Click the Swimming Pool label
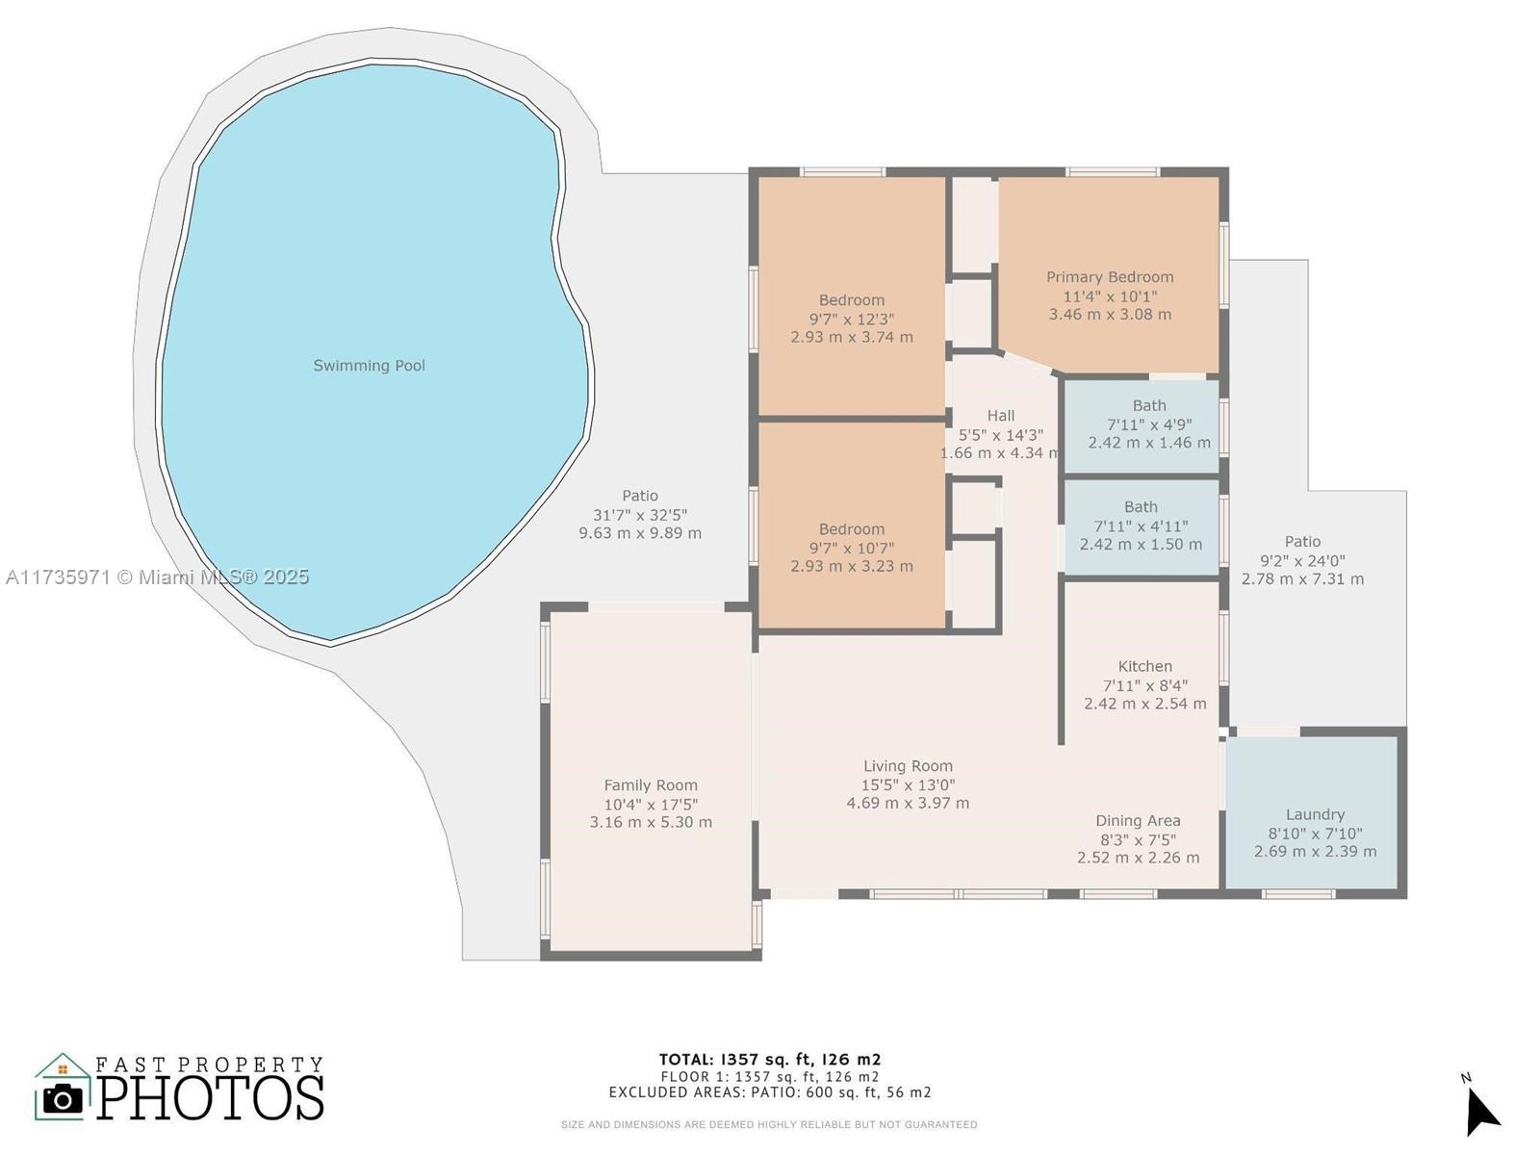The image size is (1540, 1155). (369, 366)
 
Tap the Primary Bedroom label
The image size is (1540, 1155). (1110, 277)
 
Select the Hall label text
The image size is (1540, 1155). (1000, 416)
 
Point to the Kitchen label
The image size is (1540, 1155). (1145, 666)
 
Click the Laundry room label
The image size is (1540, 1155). (1315, 815)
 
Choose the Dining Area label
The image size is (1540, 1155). (1138, 820)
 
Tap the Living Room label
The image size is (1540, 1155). (908, 766)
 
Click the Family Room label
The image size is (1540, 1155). (651, 785)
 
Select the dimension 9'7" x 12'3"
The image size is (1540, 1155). (852, 320)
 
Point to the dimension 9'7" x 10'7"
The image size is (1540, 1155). (852, 549)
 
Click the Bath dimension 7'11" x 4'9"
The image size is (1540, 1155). (1149, 424)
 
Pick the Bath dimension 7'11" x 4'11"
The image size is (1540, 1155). (1141, 526)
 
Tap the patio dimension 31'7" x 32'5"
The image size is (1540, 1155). (640, 515)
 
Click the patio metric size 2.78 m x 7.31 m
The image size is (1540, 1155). (1303, 579)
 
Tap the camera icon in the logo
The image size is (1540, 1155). (63, 1099)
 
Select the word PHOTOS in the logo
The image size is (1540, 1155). (210, 1097)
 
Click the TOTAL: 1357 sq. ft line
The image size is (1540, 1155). (770, 1059)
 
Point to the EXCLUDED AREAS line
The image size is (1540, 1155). (770, 1091)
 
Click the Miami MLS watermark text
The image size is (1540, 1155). (157, 577)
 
